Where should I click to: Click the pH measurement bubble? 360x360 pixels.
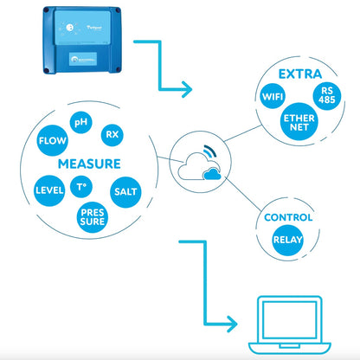coord(81,123)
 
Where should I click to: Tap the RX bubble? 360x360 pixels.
coord(111,134)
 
